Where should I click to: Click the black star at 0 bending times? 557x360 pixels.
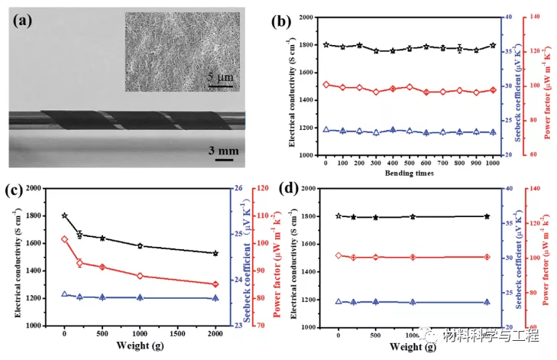326,44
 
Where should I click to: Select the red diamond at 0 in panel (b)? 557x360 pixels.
326,85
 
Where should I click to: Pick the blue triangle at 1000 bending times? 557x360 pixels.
493,132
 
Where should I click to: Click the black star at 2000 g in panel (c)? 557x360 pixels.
215,253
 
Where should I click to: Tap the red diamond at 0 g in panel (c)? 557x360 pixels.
64,239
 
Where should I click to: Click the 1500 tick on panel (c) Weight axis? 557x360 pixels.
177,334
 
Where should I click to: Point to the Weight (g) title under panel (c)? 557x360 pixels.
139,349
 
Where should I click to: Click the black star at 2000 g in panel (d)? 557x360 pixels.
487,216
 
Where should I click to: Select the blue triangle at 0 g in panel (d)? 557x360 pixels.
338,302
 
